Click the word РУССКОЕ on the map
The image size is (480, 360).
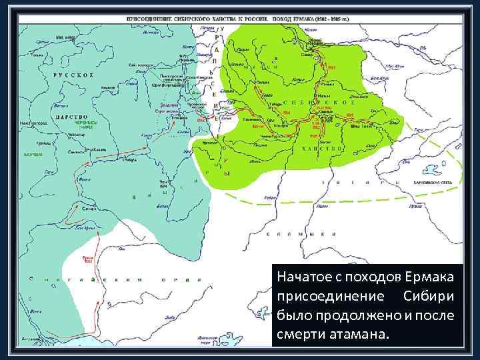(73, 75)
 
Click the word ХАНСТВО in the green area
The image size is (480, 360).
(324, 148)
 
